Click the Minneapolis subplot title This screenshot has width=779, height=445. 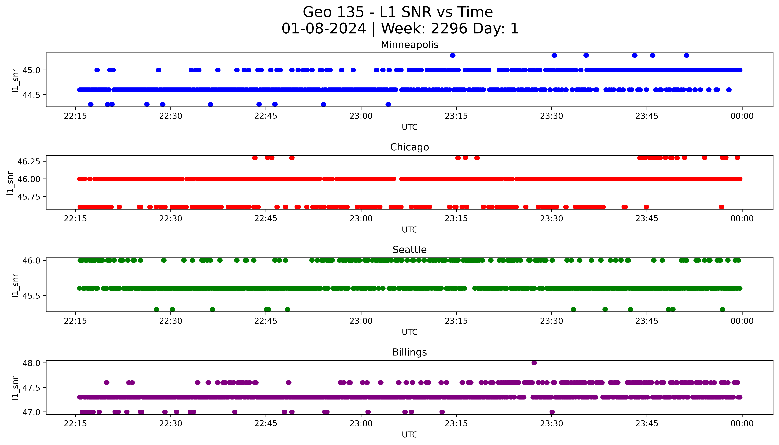[409, 45]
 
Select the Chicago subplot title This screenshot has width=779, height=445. [409, 147]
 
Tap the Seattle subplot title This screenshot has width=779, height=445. [409, 250]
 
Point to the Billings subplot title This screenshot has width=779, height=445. [409, 352]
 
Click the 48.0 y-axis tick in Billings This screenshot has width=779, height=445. [32, 363]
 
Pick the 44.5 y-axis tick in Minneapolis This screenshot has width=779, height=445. [32, 95]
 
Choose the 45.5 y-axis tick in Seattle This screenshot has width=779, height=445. [32, 295]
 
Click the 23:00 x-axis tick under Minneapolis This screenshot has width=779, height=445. [361, 116]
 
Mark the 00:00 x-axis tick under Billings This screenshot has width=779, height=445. [742, 424]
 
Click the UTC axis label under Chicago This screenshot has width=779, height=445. [409, 229]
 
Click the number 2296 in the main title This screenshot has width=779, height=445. [449, 29]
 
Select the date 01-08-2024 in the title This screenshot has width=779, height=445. [324, 29]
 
